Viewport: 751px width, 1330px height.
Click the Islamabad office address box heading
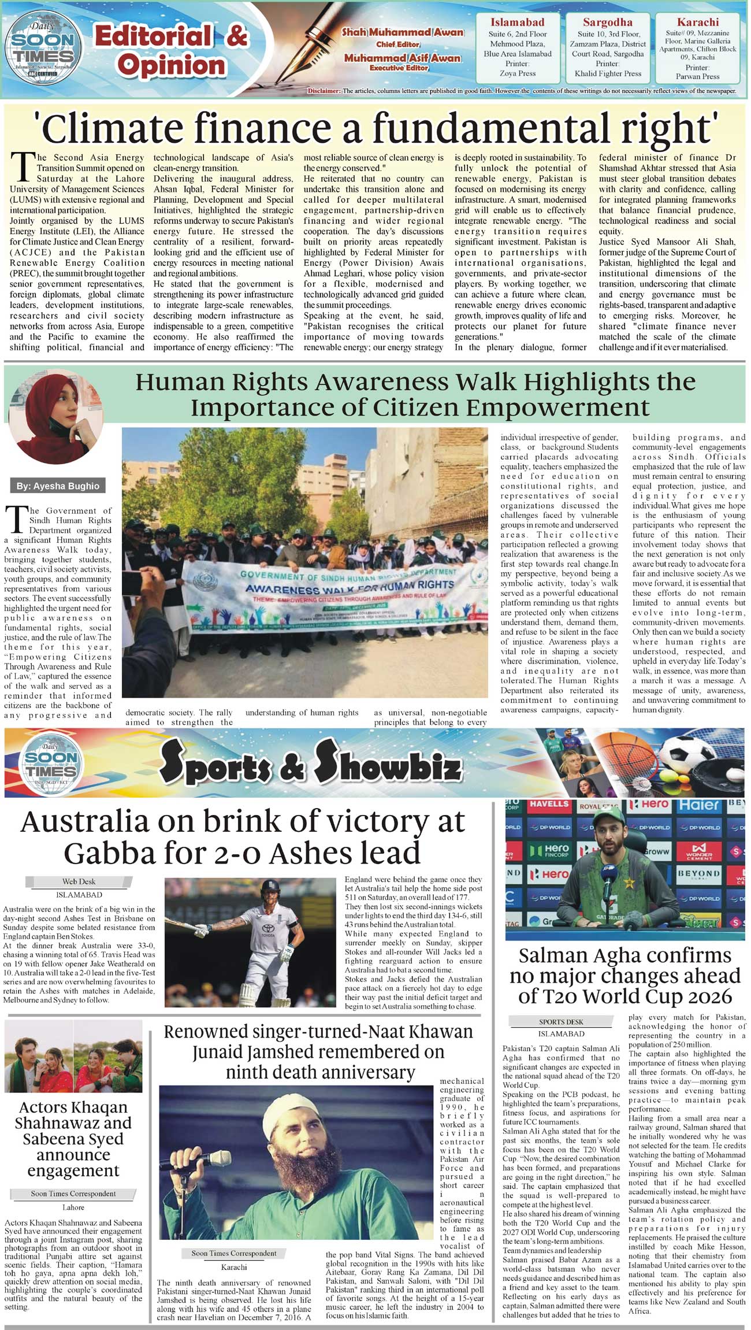[x=517, y=23]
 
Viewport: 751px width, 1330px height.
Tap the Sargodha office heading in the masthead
[x=607, y=23]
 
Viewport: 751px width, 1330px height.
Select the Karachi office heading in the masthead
[x=698, y=23]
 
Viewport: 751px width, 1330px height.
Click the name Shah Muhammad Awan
[x=403, y=32]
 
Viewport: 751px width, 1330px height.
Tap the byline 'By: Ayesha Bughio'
[x=58, y=486]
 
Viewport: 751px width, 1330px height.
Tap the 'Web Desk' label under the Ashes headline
[x=79, y=881]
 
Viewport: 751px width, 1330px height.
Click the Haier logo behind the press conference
[x=698, y=805]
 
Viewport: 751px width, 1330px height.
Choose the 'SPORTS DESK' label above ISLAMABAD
[x=561, y=1022]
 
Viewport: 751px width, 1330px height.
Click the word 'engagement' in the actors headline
[x=73, y=1170]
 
